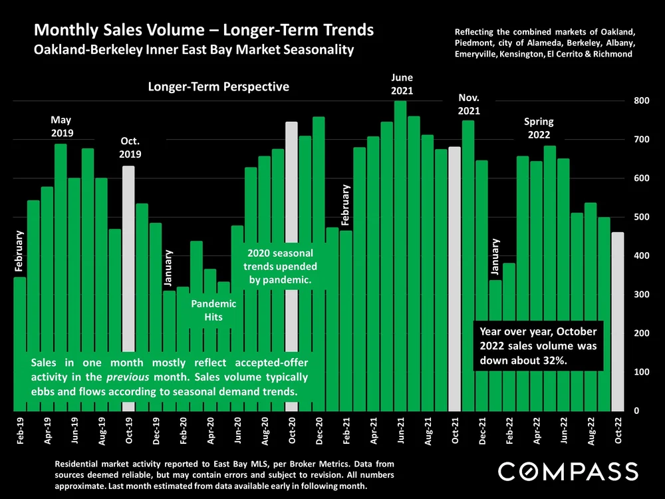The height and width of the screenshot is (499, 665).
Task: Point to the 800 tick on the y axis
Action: [x=640, y=101]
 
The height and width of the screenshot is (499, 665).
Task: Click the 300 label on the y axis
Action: [x=640, y=295]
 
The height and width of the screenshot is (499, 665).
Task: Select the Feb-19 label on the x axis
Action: [x=20, y=430]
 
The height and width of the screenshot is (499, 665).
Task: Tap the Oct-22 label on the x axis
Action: [x=618, y=430]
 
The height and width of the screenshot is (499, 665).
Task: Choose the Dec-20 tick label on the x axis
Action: [x=319, y=430]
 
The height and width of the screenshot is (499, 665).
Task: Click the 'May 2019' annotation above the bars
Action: [x=61, y=126]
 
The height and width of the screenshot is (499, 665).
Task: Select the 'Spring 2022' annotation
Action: [x=539, y=128]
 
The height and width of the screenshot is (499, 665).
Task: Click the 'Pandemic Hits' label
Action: [x=213, y=310]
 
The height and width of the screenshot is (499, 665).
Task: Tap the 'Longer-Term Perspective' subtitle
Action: [x=219, y=86]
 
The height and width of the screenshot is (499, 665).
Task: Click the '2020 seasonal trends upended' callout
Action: [x=280, y=267]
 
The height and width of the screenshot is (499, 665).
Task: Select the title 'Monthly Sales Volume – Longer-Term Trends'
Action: [x=203, y=31]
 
